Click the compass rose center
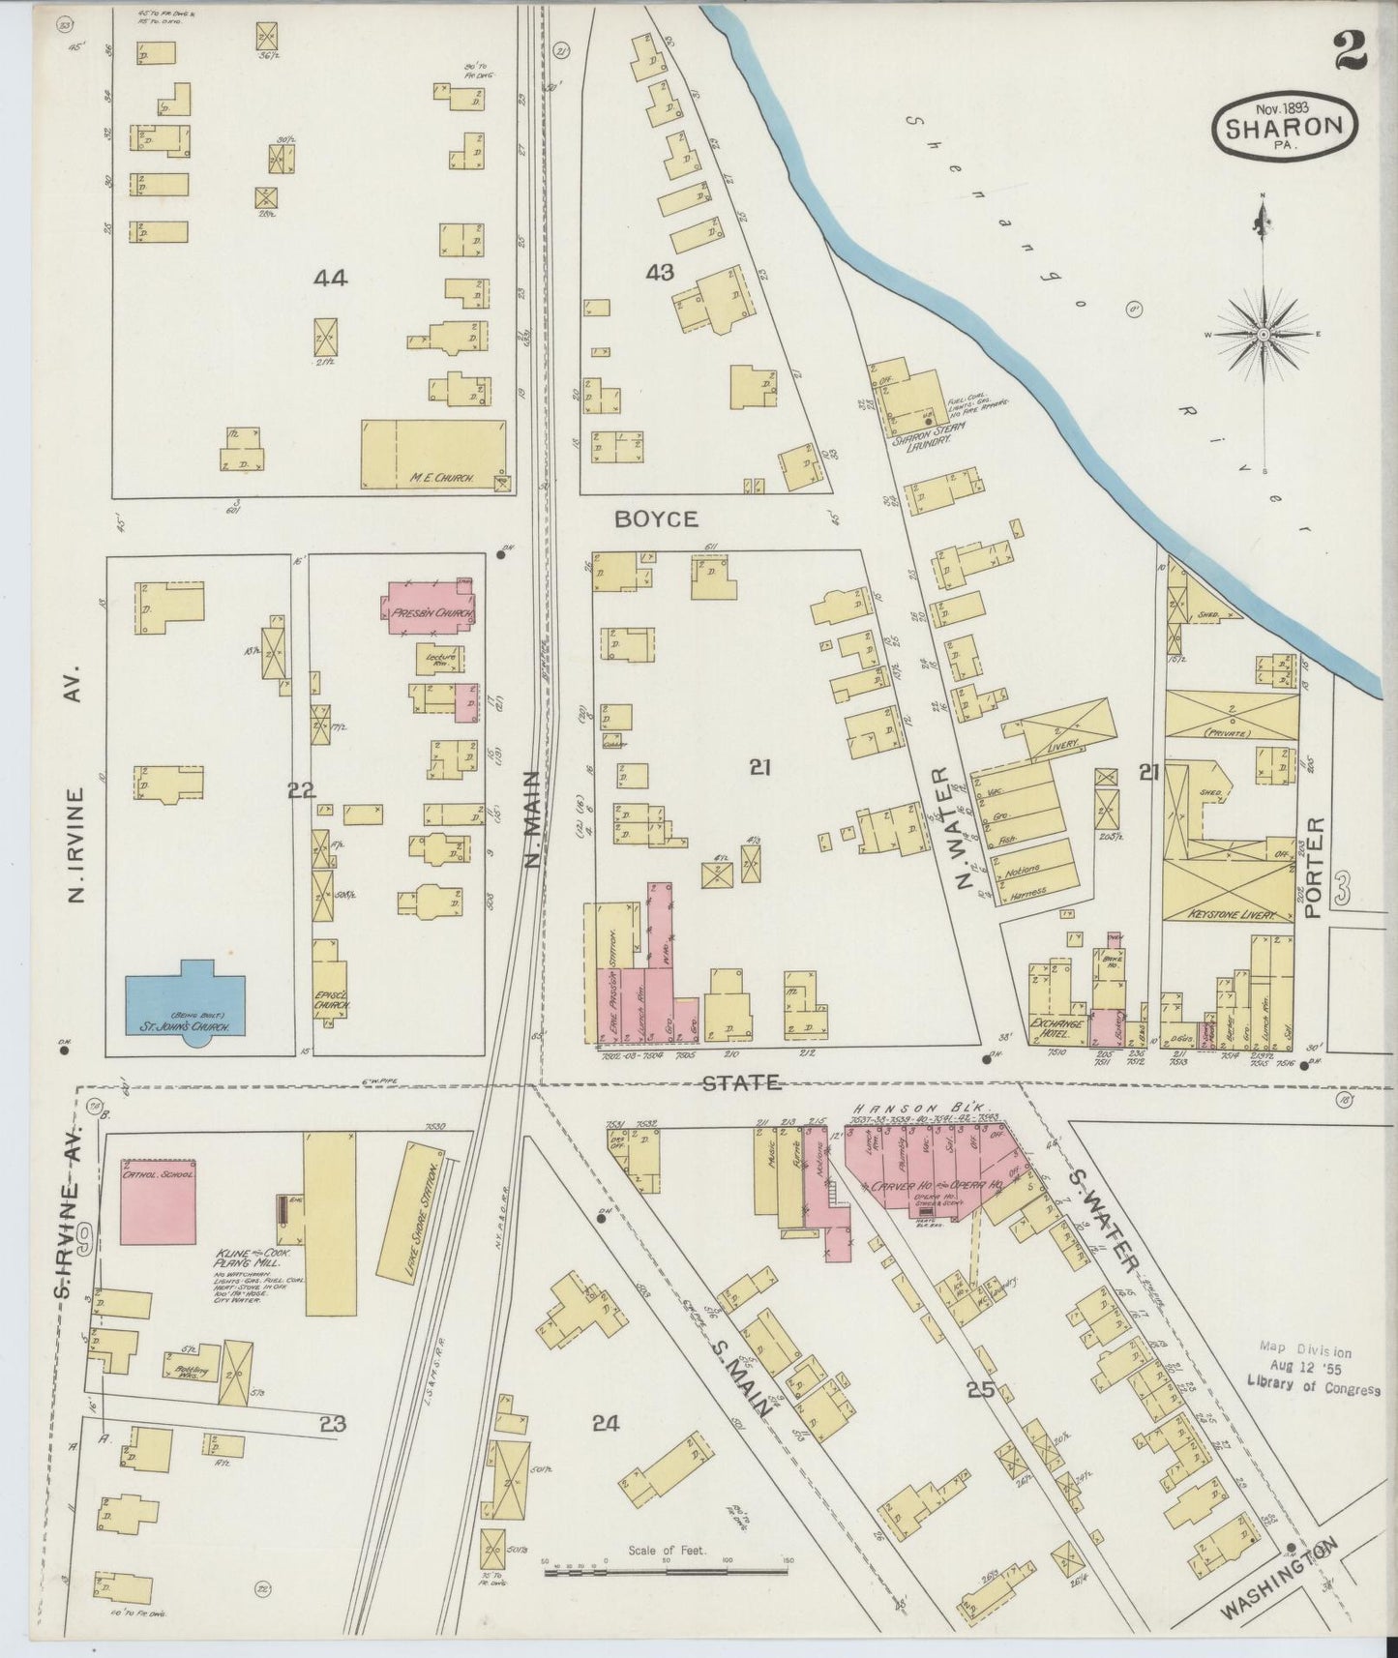(x=1263, y=334)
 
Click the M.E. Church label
(x=435, y=477)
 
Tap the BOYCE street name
(x=657, y=519)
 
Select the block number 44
(x=330, y=279)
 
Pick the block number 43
(x=660, y=274)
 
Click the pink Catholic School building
(x=160, y=1199)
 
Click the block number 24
(x=607, y=1423)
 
